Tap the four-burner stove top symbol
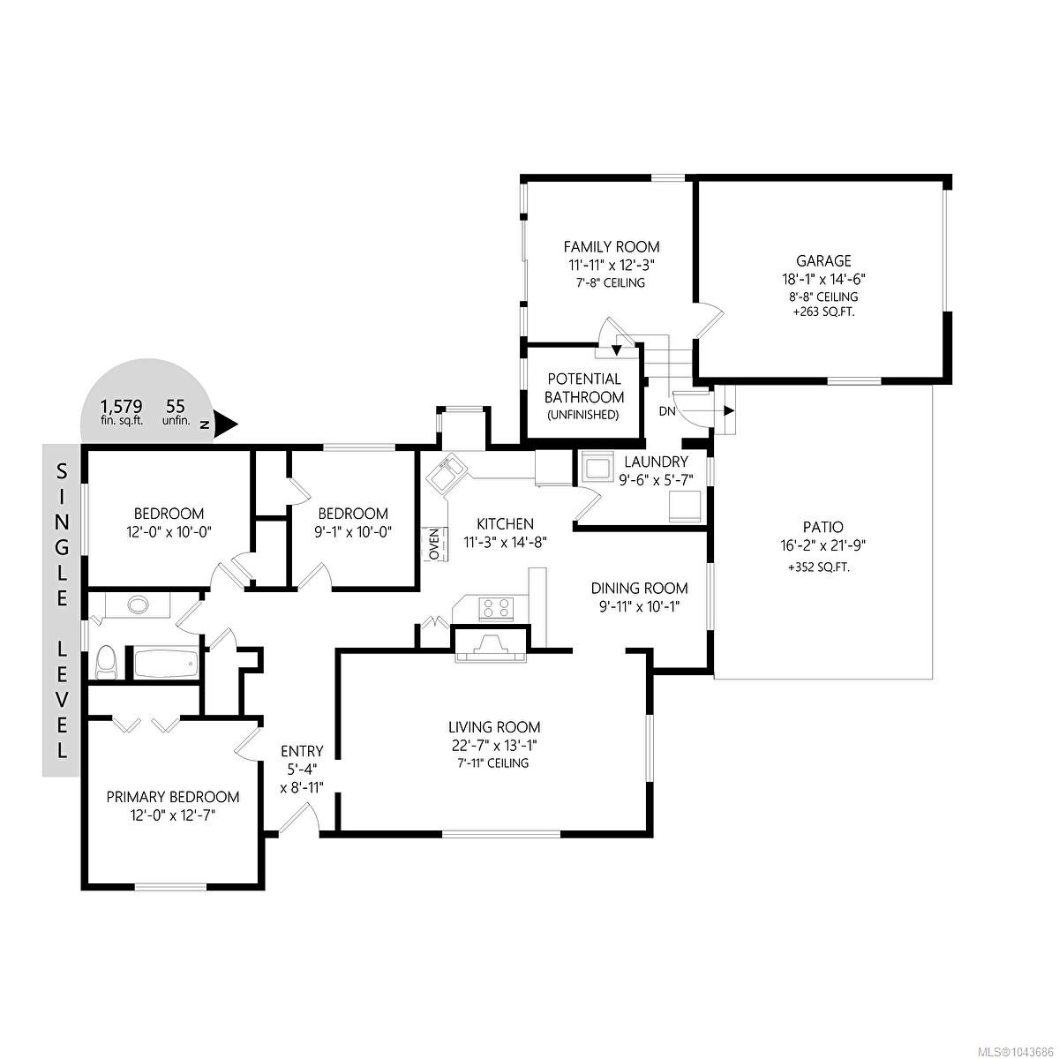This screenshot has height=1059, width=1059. (497, 608)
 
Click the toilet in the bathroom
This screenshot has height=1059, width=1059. (104, 662)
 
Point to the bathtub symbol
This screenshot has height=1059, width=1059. (165, 665)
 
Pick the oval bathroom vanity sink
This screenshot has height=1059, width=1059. (139, 605)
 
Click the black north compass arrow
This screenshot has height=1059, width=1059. (225, 424)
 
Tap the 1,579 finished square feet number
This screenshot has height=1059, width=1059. (122, 407)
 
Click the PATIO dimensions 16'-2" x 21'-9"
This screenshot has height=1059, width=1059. (823, 545)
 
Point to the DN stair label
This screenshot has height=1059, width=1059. (668, 411)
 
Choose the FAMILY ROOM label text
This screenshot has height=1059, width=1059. (612, 247)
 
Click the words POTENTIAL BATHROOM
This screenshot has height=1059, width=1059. (584, 388)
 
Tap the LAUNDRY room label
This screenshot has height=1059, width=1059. (657, 462)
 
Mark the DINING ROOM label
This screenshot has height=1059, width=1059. (639, 589)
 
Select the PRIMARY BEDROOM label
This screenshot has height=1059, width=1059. (173, 797)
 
